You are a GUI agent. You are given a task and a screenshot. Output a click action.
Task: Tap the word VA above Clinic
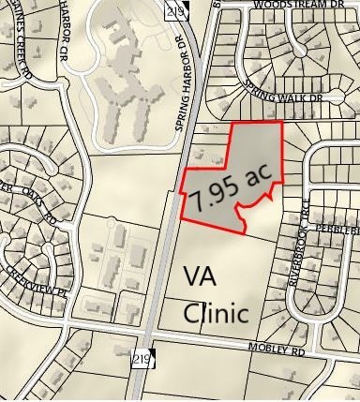coord(201,277)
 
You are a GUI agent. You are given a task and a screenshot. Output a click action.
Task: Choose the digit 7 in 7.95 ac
coord(198,201)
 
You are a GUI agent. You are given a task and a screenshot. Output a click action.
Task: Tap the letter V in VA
coord(191,277)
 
